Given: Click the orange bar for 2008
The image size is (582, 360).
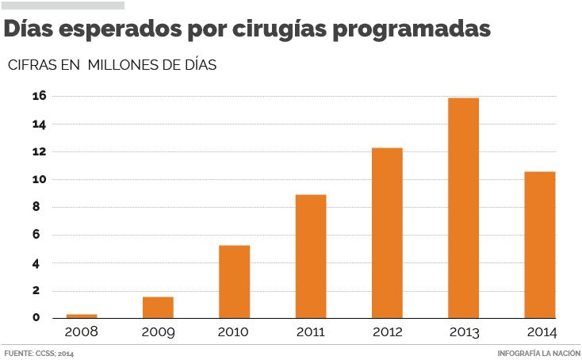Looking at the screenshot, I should pyautogui.click(x=82, y=316).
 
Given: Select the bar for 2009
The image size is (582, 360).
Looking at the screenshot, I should pyautogui.click(x=158, y=308).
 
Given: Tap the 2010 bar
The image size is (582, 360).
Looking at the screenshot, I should pyautogui.click(x=234, y=281).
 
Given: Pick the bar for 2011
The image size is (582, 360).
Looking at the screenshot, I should pyautogui.click(x=310, y=256).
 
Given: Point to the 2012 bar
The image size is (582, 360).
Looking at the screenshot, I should pyautogui.click(x=387, y=233).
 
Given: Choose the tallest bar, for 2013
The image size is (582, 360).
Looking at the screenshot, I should pyautogui.click(x=463, y=208).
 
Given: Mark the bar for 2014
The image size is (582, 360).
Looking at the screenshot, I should pyautogui.click(x=539, y=244).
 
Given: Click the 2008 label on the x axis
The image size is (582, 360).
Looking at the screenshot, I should pyautogui.click(x=81, y=331).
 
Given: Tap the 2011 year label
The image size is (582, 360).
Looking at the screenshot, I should pyautogui.click(x=310, y=331).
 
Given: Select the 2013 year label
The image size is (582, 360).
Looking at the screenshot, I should pyautogui.click(x=463, y=331).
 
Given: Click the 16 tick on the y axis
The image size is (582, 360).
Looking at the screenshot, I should pyautogui.click(x=40, y=97).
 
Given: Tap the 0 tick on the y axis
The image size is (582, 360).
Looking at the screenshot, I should pyautogui.click(x=37, y=318).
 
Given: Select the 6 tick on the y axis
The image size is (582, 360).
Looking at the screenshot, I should pyautogui.click(x=37, y=236).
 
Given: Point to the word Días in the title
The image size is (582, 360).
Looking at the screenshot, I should pyautogui.click(x=30, y=29).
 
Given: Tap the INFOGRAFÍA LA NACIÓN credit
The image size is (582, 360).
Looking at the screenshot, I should pyautogui.click(x=538, y=353).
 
